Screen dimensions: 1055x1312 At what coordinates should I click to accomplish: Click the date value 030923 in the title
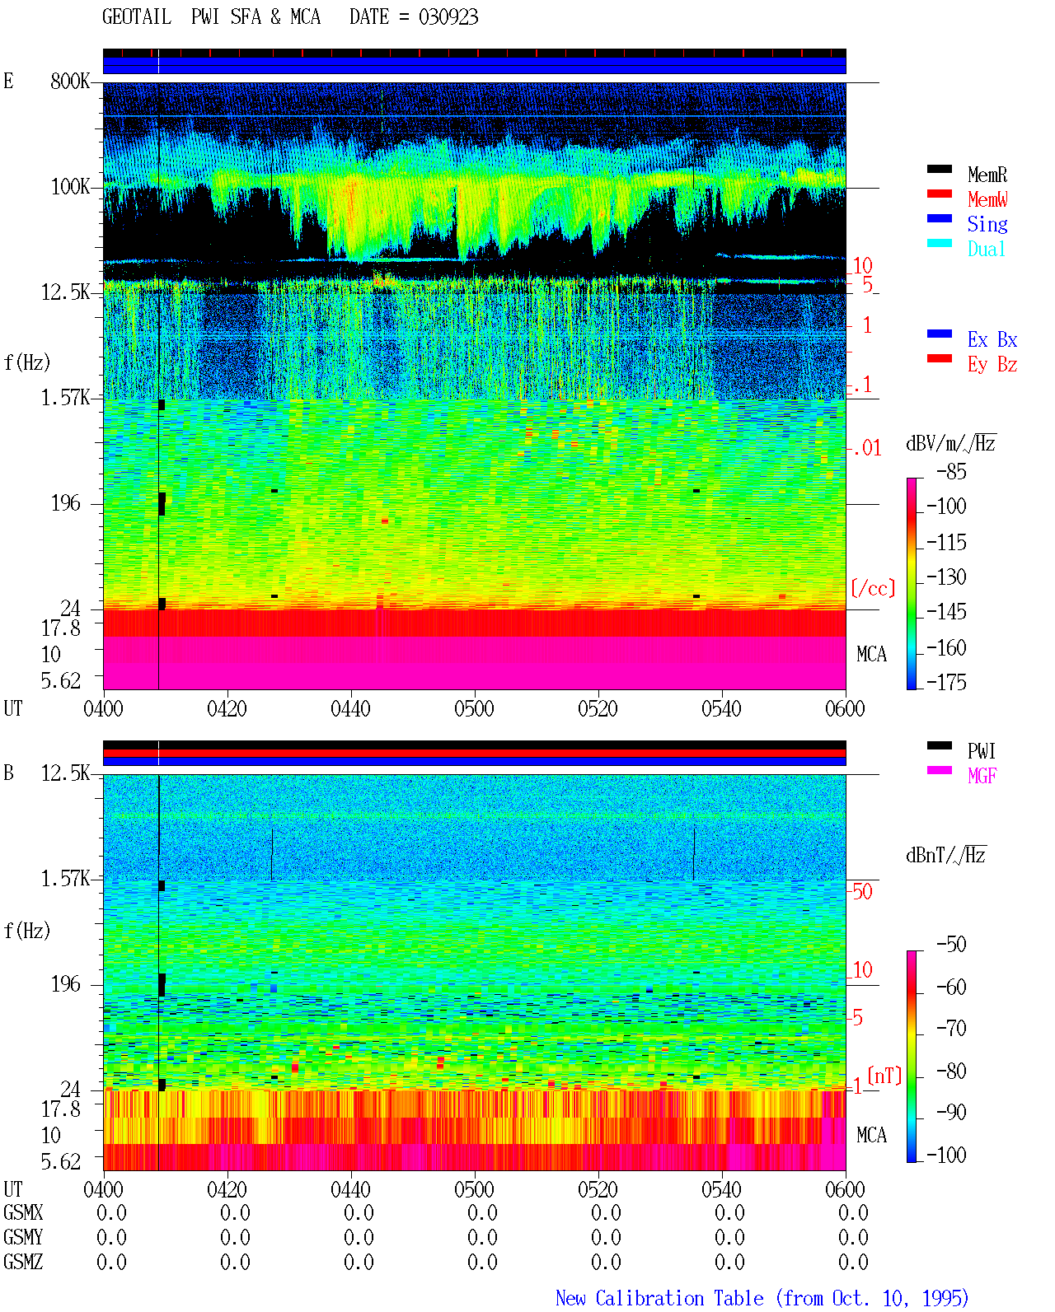[448, 16]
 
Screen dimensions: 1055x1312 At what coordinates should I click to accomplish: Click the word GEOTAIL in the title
[137, 16]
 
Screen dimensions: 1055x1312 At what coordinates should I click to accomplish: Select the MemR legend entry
[987, 175]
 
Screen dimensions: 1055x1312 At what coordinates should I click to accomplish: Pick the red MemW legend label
[987, 199]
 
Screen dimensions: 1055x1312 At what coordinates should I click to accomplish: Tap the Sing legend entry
[987, 224]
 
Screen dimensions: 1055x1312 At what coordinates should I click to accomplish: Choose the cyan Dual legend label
[987, 249]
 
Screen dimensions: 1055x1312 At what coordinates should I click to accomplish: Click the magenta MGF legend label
[982, 776]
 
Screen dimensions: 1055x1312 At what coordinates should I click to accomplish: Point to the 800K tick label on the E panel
[70, 81]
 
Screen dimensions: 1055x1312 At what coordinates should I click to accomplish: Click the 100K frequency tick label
[70, 187]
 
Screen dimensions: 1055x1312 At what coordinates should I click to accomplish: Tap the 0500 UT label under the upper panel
[474, 708]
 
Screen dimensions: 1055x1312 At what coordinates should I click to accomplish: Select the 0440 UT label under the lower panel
[350, 1188]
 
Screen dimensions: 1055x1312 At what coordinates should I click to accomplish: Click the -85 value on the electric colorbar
[951, 471]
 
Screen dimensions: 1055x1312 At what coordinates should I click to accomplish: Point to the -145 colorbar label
[946, 611]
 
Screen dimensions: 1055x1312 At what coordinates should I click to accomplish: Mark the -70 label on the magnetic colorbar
[951, 1029]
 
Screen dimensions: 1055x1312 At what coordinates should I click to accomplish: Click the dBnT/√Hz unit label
[945, 856]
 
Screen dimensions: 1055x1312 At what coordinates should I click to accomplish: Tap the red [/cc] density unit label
[873, 588]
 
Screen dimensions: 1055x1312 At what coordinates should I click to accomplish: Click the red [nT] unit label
[884, 1076]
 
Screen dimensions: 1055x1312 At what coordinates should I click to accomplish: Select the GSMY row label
[23, 1237]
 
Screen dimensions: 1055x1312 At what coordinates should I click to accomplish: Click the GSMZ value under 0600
[853, 1262]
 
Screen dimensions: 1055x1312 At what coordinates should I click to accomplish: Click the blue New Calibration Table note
[762, 1298]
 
